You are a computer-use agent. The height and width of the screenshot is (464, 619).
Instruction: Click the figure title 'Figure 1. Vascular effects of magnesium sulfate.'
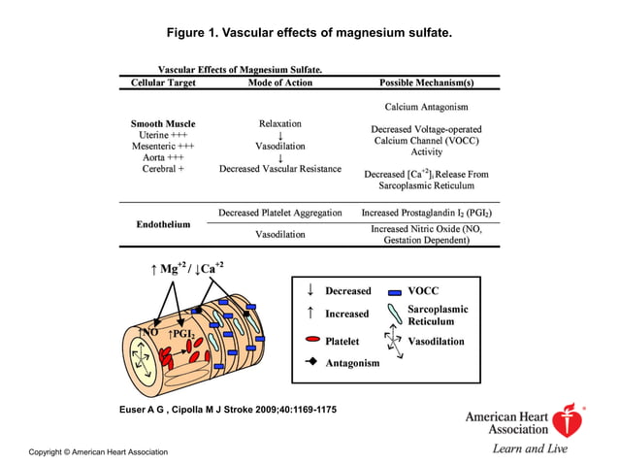pos(309,34)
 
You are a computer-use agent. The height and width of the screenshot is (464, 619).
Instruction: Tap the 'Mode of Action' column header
pos(279,83)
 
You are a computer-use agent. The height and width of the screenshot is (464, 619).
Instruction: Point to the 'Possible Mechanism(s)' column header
pos(426,83)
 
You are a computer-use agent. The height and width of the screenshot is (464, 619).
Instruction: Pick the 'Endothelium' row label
pos(162,224)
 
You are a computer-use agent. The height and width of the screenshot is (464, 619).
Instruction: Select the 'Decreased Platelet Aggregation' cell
pos(279,213)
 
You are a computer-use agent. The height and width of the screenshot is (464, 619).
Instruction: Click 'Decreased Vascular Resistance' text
pos(279,168)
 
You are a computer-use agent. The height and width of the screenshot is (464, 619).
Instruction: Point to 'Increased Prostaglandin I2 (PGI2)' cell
pos(426,213)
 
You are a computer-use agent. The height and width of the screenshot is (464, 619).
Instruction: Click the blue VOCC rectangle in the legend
pos(395,291)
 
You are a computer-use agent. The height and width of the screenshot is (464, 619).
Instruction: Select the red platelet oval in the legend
pos(311,342)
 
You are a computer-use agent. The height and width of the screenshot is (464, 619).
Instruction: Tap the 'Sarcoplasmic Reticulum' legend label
pos(438,315)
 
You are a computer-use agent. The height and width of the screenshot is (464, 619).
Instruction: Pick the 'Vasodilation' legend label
pos(437,342)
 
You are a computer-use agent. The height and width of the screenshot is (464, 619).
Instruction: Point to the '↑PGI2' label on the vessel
pos(181,334)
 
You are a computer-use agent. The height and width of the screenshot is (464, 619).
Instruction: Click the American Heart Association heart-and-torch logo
pos(568,419)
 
